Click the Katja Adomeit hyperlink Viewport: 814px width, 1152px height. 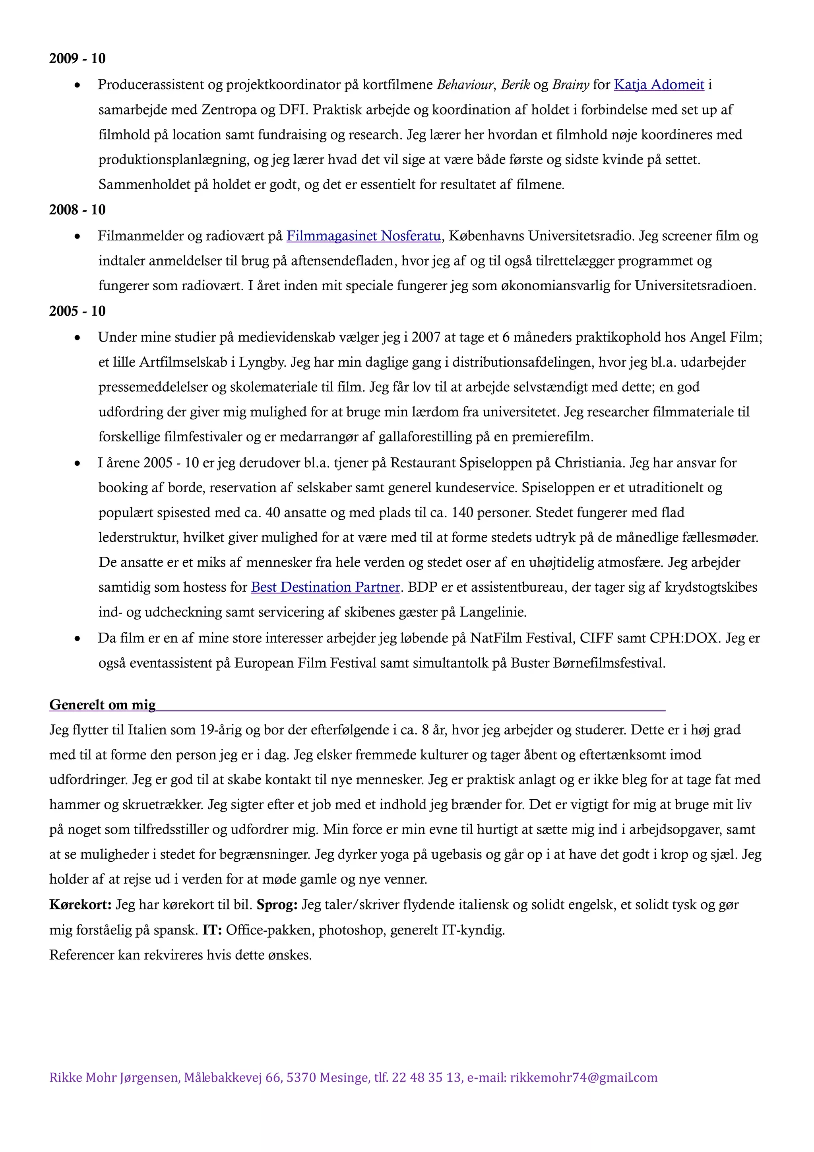tap(659, 85)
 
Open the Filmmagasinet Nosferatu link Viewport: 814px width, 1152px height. tap(364, 236)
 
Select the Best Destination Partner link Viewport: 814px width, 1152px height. tap(326, 587)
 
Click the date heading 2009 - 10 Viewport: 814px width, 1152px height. tap(77, 59)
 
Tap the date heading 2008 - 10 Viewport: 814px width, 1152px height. tap(77, 210)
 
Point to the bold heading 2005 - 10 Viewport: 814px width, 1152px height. tap(77, 311)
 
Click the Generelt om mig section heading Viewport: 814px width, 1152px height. tap(102, 705)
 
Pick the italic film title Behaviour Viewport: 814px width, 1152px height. tap(465, 85)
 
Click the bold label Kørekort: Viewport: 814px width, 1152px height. tap(80, 905)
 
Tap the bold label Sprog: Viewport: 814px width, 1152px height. tap(277, 905)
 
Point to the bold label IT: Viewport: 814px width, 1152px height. tap(212, 930)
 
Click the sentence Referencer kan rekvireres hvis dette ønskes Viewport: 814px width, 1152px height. tap(180, 955)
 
